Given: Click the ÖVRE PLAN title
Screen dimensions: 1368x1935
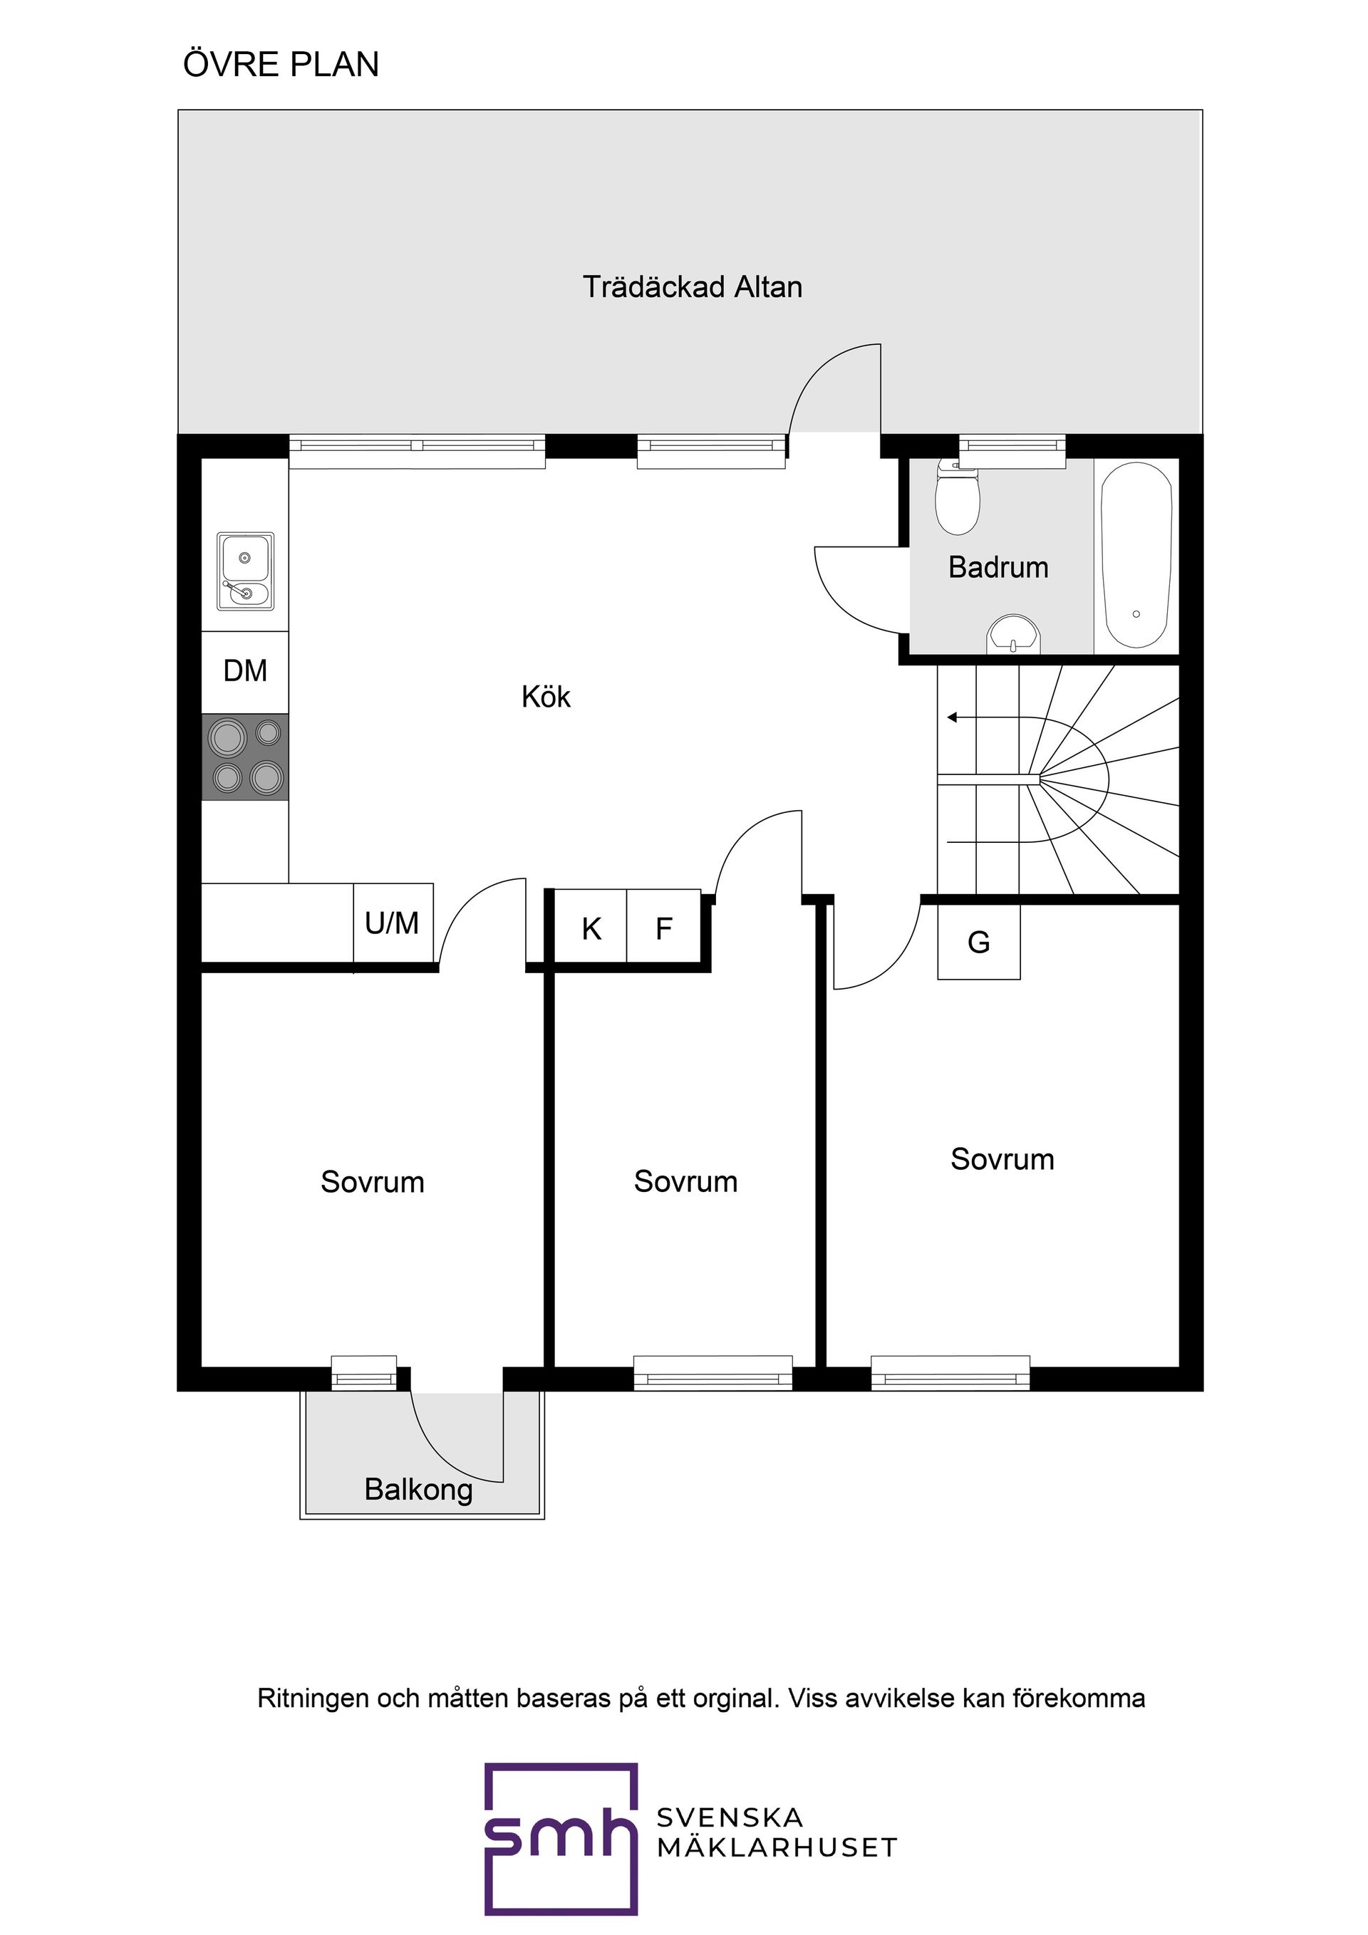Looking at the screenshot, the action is [x=281, y=64].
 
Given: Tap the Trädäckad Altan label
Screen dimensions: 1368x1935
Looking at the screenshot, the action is [x=692, y=286].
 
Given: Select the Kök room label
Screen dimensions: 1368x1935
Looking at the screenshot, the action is [x=546, y=696].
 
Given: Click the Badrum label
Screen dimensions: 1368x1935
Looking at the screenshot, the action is [x=998, y=567].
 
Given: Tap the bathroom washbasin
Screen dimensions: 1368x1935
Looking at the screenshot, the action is [x=1014, y=636].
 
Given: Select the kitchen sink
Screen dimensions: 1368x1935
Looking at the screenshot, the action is [x=245, y=571].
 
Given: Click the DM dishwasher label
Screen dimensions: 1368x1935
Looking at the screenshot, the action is [x=245, y=671].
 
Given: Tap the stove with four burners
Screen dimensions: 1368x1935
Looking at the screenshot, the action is [x=245, y=757].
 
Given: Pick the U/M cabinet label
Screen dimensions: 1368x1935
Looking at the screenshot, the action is [x=392, y=923].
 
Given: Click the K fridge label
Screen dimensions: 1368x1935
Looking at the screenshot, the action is [x=591, y=929].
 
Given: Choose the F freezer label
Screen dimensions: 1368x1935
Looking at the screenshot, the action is [x=664, y=929].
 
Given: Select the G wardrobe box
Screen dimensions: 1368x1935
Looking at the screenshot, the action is [x=978, y=941].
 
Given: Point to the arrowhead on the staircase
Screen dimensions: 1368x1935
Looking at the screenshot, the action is [x=952, y=717].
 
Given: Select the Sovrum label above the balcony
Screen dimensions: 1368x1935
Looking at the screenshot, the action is [x=372, y=1181].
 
